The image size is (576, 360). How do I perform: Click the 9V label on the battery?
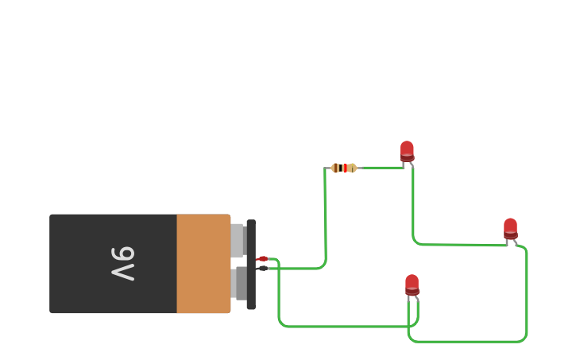122,264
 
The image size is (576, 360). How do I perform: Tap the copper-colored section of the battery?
203,264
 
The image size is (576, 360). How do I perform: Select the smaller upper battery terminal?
237,240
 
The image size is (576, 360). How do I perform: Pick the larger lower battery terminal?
240,283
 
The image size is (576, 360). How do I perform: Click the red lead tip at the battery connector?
262,259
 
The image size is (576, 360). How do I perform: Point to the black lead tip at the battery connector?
262,269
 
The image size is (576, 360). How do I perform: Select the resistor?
344,168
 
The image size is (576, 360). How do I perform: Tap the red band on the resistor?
346,168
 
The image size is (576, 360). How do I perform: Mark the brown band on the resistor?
337,168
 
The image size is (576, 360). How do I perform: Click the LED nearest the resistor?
407,150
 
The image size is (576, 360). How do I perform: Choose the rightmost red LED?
510,227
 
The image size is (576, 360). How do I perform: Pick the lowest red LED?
412,284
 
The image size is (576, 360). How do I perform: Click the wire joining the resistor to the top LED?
381,168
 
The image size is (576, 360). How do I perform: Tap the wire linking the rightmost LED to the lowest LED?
477,342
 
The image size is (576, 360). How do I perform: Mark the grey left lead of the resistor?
327,168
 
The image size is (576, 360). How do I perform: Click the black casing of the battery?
79,264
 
